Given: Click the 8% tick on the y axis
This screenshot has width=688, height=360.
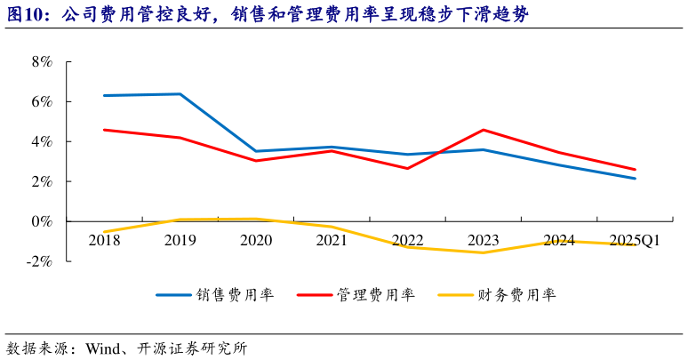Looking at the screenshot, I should tap(41, 62).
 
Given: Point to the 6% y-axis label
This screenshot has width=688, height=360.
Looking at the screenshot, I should tap(41, 102).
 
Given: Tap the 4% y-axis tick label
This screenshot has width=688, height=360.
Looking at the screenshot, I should tap(41, 142).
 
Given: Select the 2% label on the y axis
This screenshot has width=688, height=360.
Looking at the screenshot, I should tap(41, 182).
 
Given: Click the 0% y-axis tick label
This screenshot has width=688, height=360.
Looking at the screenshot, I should tap(41, 221).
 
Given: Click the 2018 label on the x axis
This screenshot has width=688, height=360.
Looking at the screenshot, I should tap(104, 241).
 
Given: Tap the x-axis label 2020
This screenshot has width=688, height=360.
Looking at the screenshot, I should tap(256, 241).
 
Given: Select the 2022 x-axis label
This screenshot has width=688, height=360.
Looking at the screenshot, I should tap(407, 241).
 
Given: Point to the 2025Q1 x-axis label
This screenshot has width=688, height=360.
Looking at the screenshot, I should tap(635, 241).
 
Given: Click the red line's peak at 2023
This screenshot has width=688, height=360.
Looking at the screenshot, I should tap(484, 130).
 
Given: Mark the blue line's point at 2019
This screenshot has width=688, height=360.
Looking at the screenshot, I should tap(180, 94).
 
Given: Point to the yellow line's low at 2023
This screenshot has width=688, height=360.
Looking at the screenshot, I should tap(484, 252).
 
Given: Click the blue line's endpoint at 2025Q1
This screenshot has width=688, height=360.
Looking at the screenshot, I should tap(635, 179).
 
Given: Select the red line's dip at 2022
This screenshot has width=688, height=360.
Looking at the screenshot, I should tap(407, 168).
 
